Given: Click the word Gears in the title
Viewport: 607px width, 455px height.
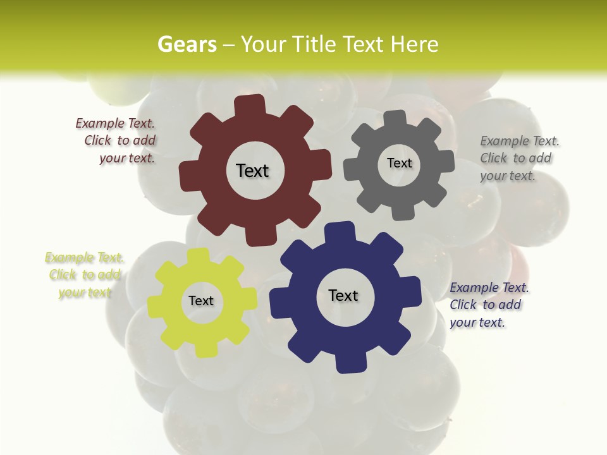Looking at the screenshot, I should (187, 45).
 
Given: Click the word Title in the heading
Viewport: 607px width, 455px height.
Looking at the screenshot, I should (314, 45).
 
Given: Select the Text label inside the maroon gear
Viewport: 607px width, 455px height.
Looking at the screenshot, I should (252, 171).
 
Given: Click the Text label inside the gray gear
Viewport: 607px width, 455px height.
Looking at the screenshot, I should (399, 163).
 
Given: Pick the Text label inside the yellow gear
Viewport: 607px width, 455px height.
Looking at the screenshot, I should (201, 301).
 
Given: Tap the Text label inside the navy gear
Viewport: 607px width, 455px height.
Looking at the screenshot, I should (343, 295).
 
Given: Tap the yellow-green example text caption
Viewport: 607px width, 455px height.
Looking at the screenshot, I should (85, 275).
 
